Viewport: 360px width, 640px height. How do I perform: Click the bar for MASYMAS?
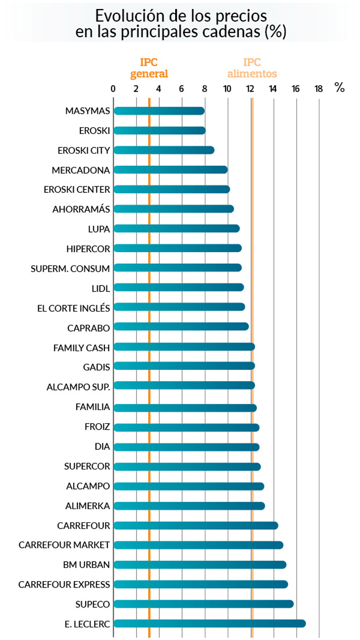coord(159,111)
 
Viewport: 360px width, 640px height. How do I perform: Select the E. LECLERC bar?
coord(209,624)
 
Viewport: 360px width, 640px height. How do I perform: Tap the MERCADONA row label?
coord(81,170)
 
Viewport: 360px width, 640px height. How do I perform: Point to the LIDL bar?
coord(178,287)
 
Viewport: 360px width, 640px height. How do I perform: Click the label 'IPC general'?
coord(149,68)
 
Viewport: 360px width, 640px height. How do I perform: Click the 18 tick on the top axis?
coord(318,88)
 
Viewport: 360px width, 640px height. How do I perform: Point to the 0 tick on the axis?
coord(113,88)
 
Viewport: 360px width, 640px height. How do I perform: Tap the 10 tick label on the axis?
coord(227,88)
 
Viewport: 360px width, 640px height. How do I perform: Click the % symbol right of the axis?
coord(339,88)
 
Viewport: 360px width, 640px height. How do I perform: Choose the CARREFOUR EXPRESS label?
coord(64,584)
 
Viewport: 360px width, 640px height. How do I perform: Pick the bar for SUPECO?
coord(203,604)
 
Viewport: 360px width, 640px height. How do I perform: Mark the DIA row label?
coord(102,447)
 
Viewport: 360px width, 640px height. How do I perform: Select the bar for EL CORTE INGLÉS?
coord(179,307)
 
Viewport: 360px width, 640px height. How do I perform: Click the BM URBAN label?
coord(86,565)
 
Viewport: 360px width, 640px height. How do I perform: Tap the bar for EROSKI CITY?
coord(164,150)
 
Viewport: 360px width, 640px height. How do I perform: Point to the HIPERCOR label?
coord(88,248)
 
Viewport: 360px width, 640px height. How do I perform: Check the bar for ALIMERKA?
coord(189,506)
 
